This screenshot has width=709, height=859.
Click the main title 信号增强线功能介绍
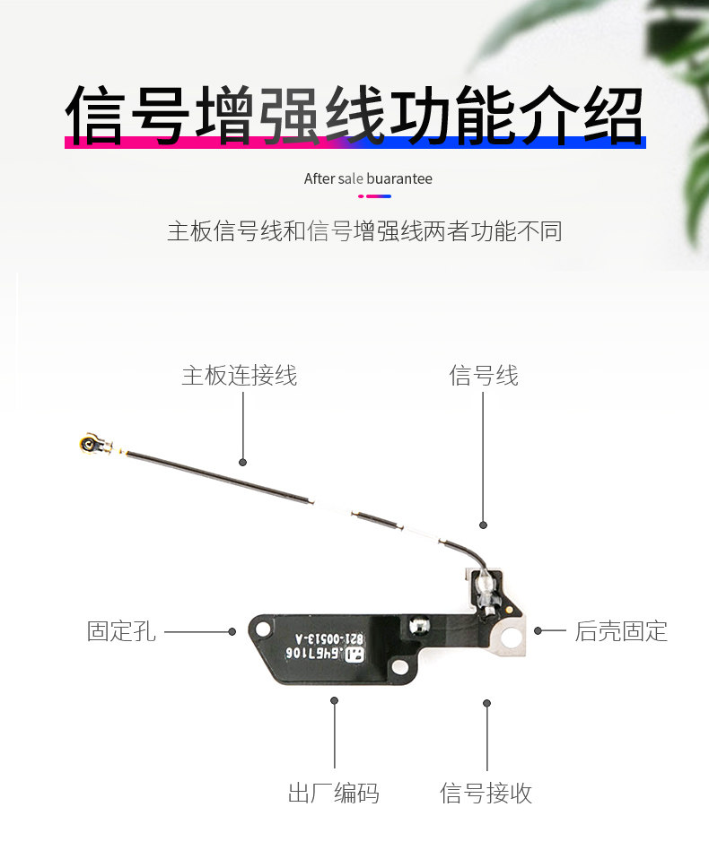click(354, 116)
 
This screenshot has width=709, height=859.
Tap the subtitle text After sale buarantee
click(368, 178)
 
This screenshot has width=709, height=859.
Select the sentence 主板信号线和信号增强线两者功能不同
click(364, 230)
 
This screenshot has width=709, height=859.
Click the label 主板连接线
click(239, 375)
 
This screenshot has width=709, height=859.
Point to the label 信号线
click(483, 375)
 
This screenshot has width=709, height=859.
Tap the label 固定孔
click(121, 631)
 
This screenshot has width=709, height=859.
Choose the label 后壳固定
click(621, 631)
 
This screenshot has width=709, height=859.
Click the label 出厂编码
click(333, 793)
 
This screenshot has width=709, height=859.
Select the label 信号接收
click(486, 793)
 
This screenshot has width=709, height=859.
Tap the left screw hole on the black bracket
click(262, 630)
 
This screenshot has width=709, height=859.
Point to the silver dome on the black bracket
click(417, 625)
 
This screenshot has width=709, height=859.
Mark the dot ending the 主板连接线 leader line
click(242, 462)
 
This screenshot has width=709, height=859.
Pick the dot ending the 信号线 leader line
click(483, 525)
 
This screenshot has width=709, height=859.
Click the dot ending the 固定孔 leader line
click(232, 631)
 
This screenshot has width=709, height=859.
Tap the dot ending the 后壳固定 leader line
click(538, 630)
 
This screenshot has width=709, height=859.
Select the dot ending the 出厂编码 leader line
click(335, 700)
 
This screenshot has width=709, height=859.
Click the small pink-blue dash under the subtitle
click(374, 195)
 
